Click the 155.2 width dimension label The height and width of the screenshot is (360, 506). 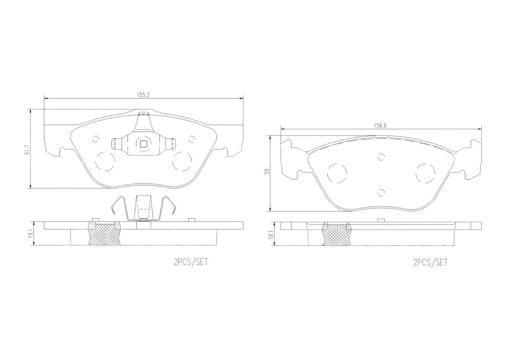(143, 95)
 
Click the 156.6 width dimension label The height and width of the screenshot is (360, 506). (380, 126)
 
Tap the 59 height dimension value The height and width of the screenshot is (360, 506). (267, 172)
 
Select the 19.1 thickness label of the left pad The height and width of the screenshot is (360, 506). (31, 233)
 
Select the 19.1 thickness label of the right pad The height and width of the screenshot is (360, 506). (271, 234)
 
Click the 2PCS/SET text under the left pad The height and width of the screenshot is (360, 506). (191, 262)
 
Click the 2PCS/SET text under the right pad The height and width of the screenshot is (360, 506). (431, 262)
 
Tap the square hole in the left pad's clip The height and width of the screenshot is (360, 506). (143, 144)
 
